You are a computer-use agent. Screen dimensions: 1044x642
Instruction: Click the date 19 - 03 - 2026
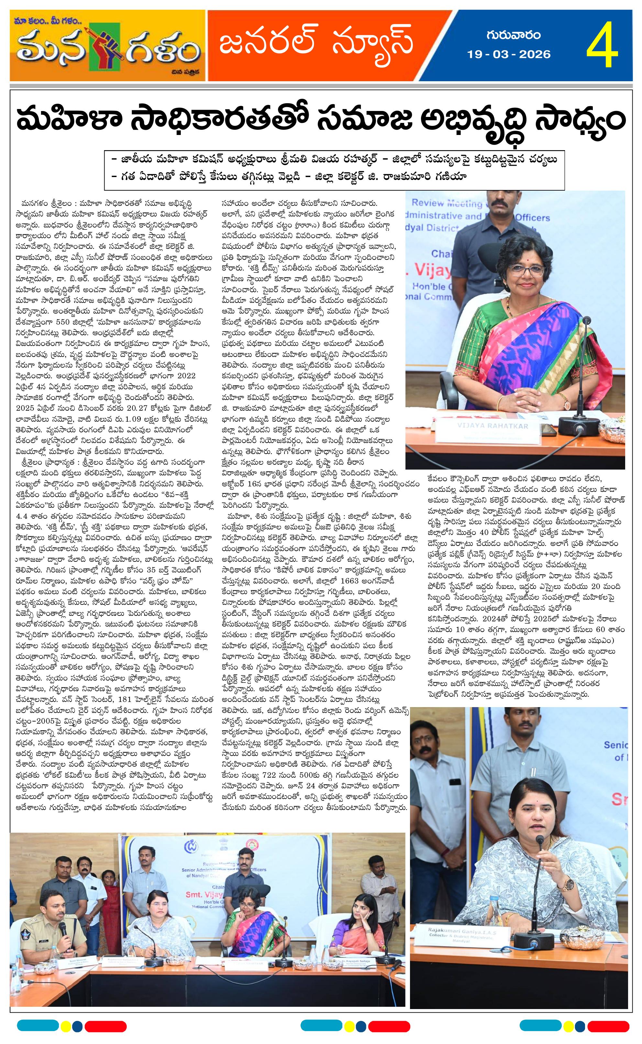pyautogui.click(x=509, y=54)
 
